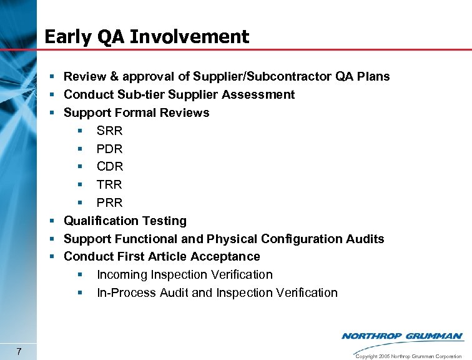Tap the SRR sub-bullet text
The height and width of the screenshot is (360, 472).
pyautogui.click(x=110, y=131)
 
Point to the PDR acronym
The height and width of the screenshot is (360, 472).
pyautogui.click(x=110, y=149)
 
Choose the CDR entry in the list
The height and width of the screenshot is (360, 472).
pyautogui.click(x=110, y=167)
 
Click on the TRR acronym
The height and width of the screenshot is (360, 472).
pyautogui.click(x=110, y=185)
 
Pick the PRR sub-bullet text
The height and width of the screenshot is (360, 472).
pyautogui.click(x=110, y=203)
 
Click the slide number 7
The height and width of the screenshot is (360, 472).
pyautogui.click(x=20, y=350)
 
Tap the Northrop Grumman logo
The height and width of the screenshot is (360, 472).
pyautogui.click(x=402, y=336)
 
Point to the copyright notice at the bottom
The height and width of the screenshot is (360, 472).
pyautogui.click(x=410, y=356)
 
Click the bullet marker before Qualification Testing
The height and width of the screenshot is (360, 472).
pyautogui.click(x=54, y=221)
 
